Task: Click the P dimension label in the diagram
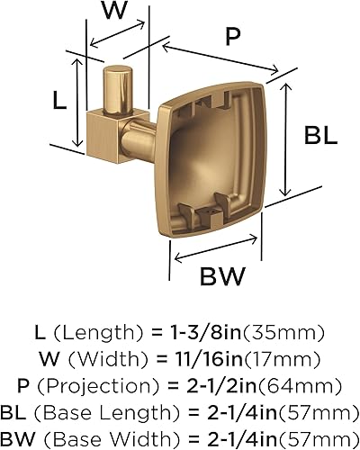233,38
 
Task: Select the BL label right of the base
319,137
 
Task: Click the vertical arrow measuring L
81,103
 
